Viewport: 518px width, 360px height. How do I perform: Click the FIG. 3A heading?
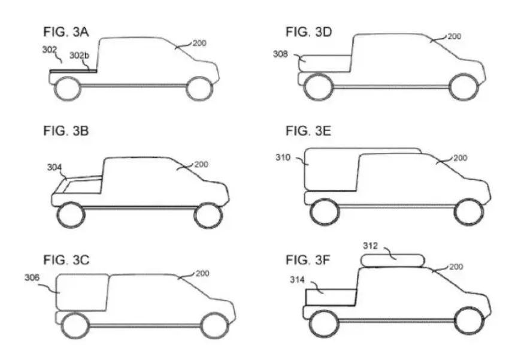point(66,32)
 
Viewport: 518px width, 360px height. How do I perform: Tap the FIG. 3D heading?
point(308,32)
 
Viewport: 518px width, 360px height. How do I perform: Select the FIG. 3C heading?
point(66,260)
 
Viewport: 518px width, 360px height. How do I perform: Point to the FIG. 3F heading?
point(308,260)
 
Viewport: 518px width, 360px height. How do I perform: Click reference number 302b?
point(79,56)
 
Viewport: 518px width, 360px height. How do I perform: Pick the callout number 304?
point(54,168)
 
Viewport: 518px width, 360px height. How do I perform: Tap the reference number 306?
point(32,278)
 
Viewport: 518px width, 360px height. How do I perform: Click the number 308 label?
point(280,54)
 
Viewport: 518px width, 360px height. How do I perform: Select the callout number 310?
point(283,158)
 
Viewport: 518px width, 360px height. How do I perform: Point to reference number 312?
point(370,246)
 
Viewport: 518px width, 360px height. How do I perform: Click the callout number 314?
point(297,280)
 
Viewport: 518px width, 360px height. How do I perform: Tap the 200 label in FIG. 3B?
point(201,164)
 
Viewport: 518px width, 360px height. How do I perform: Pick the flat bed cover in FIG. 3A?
point(73,71)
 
